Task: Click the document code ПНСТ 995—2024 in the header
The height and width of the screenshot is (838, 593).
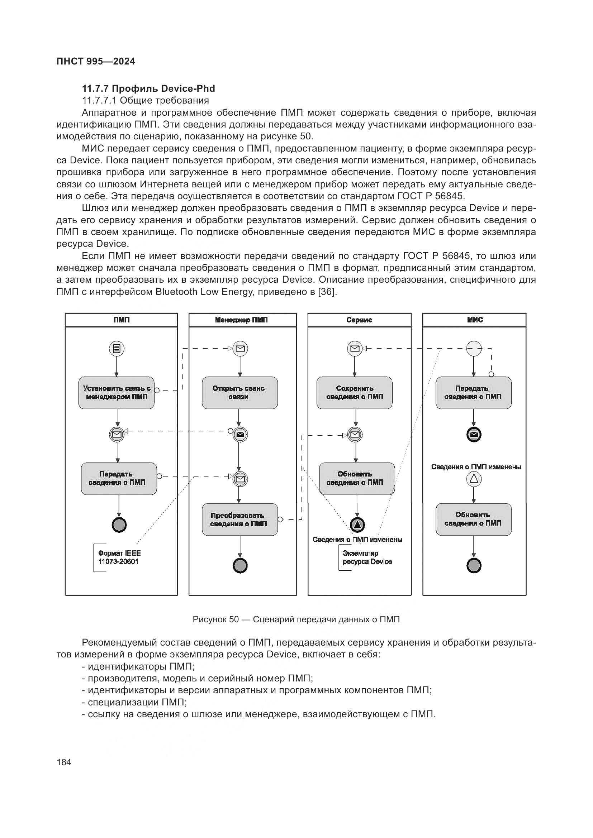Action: [x=96, y=61]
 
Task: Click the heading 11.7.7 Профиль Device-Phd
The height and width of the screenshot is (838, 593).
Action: [x=148, y=89]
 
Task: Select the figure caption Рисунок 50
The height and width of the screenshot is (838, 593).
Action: [x=296, y=619]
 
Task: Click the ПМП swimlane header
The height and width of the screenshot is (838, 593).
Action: [x=121, y=320]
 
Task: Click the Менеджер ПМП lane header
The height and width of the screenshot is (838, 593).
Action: [x=241, y=320]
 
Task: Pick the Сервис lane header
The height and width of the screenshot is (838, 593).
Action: [x=359, y=320]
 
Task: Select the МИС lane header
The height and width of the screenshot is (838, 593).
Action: [x=475, y=320]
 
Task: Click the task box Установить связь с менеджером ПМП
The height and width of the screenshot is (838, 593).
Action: [x=117, y=393]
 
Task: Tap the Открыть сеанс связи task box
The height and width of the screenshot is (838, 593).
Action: [x=239, y=393]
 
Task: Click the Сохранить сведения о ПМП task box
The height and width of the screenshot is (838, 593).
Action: [x=355, y=393]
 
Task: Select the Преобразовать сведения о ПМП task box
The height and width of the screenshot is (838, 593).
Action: [x=239, y=519]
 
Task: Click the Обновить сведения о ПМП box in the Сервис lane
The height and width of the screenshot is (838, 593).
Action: [x=357, y=479]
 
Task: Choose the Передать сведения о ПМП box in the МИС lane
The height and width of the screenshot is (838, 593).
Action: [x=473, y=393]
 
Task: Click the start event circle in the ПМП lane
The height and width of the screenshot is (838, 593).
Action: [x=117, y=349]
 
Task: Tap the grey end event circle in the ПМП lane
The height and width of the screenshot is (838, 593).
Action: [x=119, y=525]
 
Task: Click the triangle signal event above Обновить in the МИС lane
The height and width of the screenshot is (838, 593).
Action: [x=474, y=479]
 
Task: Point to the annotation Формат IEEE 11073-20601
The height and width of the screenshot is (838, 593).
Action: [x=119, y=557]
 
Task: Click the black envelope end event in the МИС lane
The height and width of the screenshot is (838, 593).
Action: [x=474, y=434]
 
